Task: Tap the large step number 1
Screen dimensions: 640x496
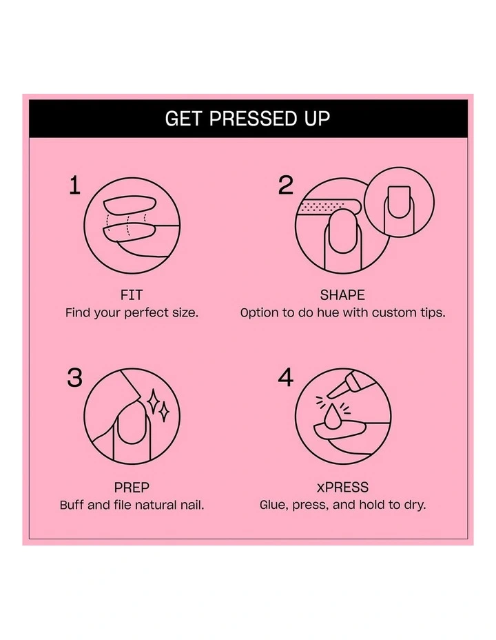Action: tap(75, 186)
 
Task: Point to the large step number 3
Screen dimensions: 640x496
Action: tap(75, 378)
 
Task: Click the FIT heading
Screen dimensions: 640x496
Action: tap(132, 295)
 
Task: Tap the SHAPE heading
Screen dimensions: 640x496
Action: tap(342, 295)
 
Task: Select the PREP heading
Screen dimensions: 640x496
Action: tap(132, 487)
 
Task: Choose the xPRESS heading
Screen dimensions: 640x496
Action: tap(342, 487)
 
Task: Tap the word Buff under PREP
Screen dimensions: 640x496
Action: tap(73, 505)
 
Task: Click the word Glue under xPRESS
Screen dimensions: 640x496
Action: tap(273, 505)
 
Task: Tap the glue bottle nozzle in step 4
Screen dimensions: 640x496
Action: tap(335, 390)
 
